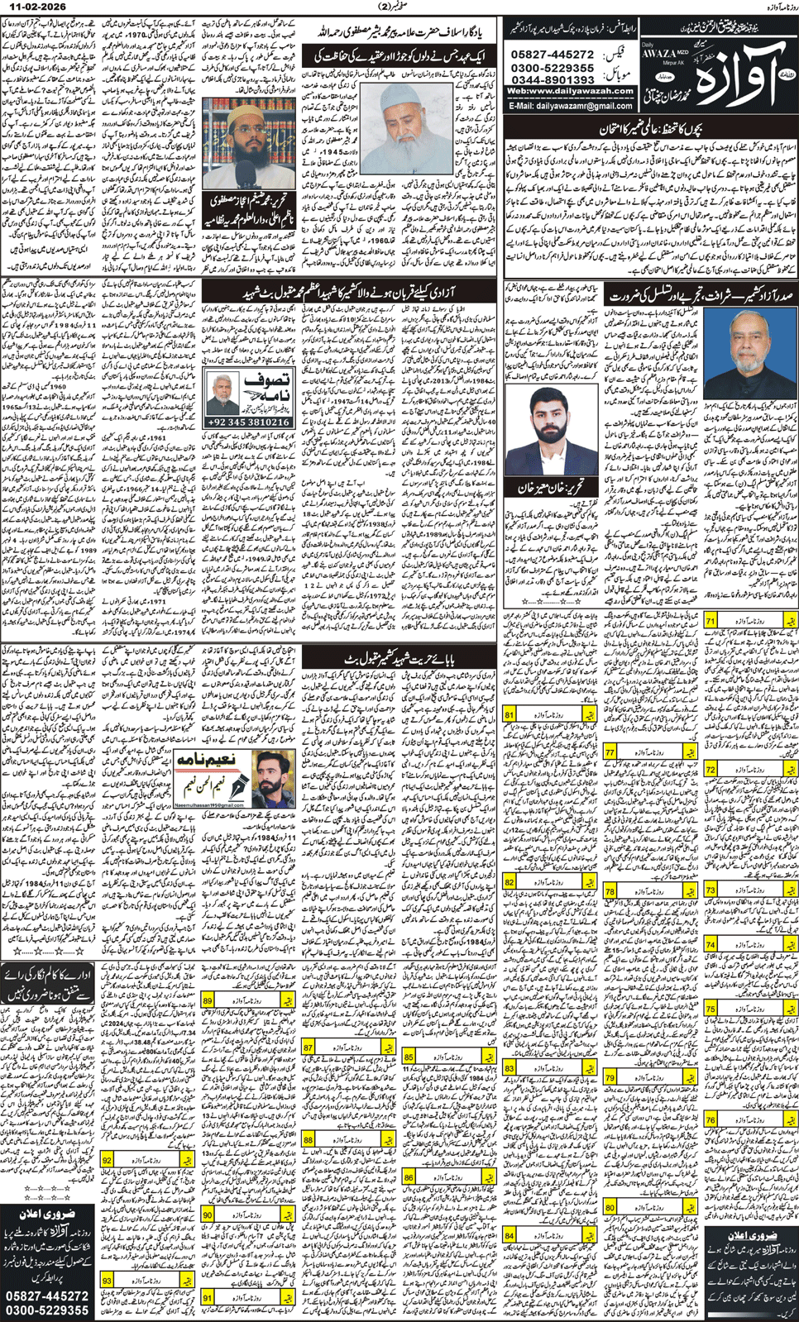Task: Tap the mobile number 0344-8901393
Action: click(553, 79)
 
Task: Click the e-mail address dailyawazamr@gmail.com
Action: click(572, 106)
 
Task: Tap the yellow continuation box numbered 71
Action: click(711, 620)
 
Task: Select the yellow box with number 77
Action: click(610, 752)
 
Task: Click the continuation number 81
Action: click(510, 713)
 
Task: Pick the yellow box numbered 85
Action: click(409, 1057)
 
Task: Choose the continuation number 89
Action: click(208, 1000)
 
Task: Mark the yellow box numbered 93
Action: click(108, 1280)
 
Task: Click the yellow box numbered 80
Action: click(610, 1208)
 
